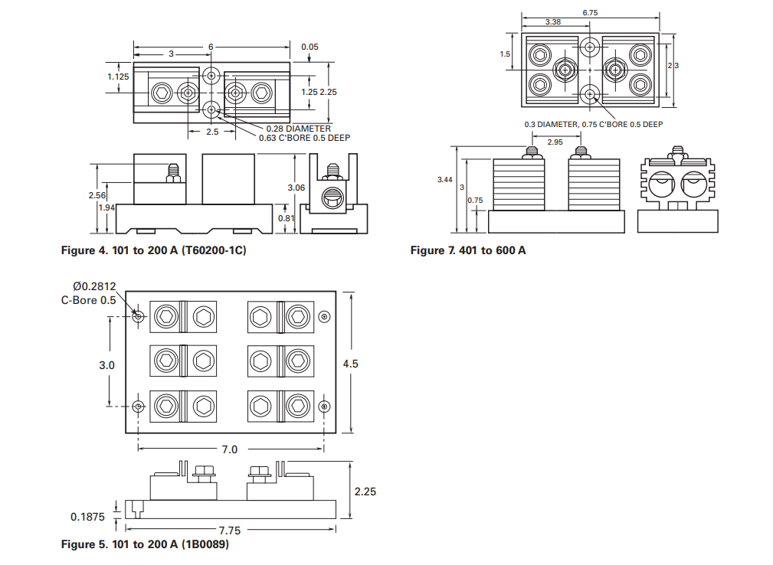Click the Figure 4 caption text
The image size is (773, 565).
click(x=153, y=250)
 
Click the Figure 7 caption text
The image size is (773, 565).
click(x=468, y=250)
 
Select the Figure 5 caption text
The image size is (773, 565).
click(x=145, y=544)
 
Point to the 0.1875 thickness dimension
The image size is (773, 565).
click(x=88, y=517)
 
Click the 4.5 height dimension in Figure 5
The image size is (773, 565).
click(x=351, y=364)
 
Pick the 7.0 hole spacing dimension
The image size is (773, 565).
click(x=229, y=449)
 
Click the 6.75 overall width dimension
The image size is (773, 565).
click(x=590, y=13)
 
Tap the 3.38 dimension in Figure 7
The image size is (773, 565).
click(x=553, y=22)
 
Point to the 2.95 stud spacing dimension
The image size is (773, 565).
click(x=555, y=142)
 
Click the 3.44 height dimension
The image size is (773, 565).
click(x=444, y=179)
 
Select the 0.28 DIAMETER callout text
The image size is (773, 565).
click(x=298, y=129)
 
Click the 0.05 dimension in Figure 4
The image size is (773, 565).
click(x=310, y=47)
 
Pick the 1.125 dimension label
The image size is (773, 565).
click(x=118, y=77)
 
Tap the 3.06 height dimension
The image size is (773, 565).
click(x=296, y=188)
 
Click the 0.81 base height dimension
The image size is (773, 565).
click(x=285, y=217)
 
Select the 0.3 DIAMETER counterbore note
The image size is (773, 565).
click(x=593, y=124)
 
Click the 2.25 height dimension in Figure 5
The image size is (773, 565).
click(x=365, y=492)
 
